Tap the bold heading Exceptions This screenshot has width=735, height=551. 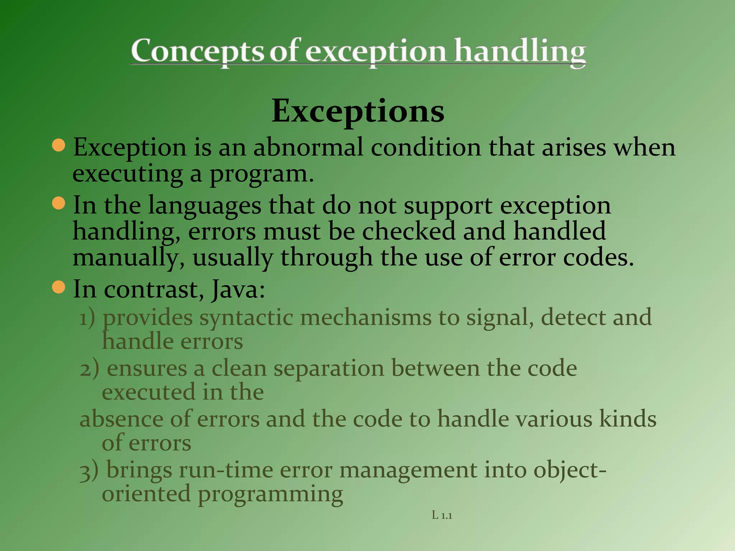[x=358, y=111]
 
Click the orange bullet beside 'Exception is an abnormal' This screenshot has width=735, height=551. [x=58, y=145]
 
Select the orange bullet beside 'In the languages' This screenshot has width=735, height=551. [x=58, y=203]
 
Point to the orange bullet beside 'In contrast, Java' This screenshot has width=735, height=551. [x=58, y=287]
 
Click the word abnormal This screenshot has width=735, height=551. [x=308, y=147]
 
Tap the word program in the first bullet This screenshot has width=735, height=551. [x=258, y=174]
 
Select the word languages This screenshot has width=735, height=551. [x=205, y=207]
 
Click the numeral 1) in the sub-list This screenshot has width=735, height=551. [x=87, y=318]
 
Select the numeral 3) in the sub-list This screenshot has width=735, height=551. [x=89, y=471]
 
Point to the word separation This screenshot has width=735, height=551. [x=328, y=369]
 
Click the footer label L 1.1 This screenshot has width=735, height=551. [x=442, y=515]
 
